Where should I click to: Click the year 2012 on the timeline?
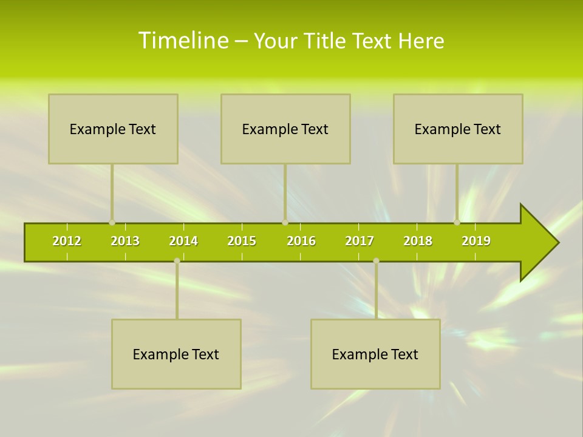point(67,241)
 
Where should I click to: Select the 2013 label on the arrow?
point(125,241)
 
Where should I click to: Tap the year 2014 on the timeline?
point(183,241)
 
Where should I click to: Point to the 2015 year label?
point(242,241)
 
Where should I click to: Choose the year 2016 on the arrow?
point(301,241)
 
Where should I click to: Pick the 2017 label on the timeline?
point(360,241)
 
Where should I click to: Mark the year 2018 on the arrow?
point(418,241)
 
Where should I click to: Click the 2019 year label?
point(476,241)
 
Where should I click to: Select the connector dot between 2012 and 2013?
point(112,222)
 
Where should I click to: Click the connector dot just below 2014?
point(177,260)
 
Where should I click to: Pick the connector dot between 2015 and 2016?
point(285,222)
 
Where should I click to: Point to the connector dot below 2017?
point(376,260)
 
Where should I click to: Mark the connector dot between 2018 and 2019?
point(457,222)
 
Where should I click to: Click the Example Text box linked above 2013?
point(113,129)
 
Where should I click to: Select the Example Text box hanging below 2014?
point(176,354)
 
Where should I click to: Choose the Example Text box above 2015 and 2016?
point(285,129)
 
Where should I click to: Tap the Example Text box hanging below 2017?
point(375,354)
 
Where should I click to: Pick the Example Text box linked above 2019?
point(458,129)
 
